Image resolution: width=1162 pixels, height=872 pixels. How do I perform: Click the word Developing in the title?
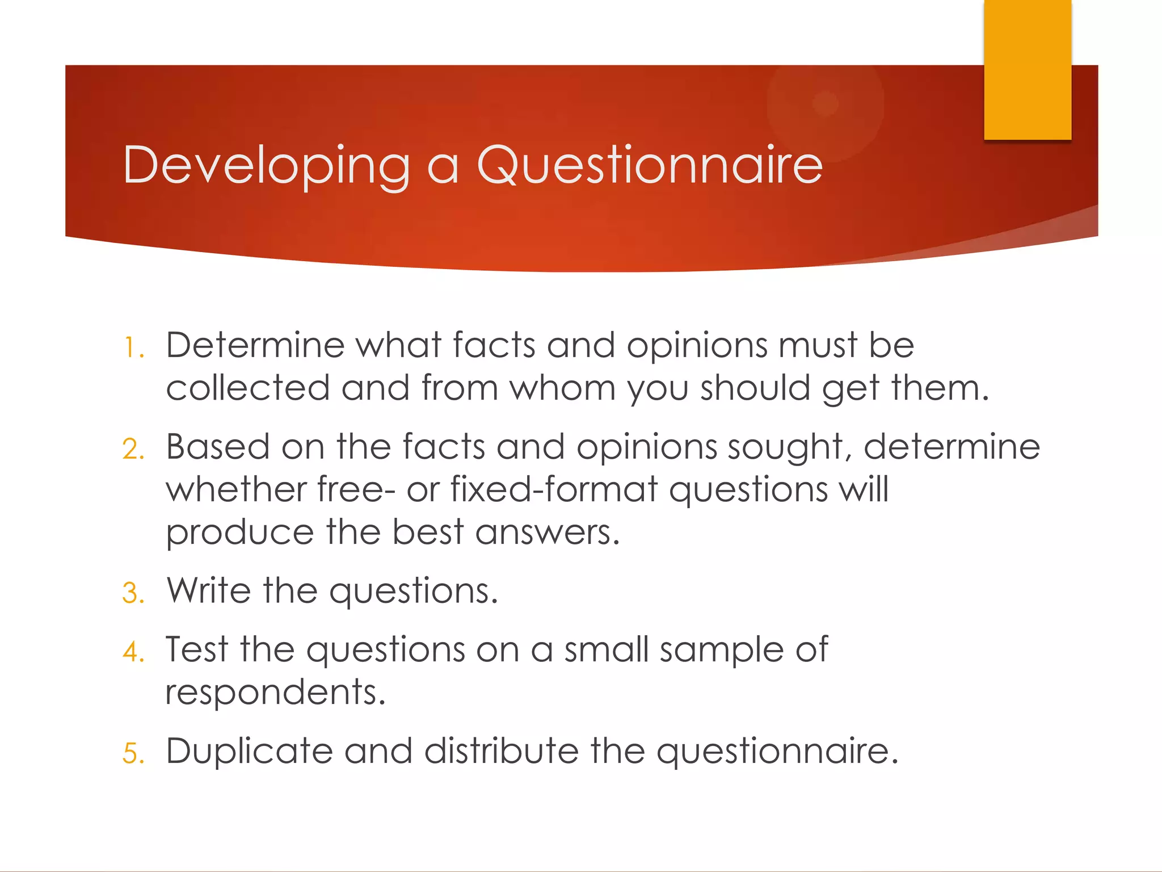pyautogui.click(x=266, y=165)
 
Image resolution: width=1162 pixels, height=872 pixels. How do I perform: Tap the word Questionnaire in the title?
pyautogui.click(x=650, y=165)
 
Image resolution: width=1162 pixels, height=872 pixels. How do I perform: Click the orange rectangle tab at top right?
pyautogui.click(x=1027, y=69)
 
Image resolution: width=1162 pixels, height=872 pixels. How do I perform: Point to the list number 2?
pyautogui.click(x=133, y=449)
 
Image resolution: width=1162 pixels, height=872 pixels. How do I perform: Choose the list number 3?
pyautogui.click(x=133, y=593)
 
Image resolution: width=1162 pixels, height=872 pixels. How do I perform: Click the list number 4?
pyautogui.click(x=133, y=652)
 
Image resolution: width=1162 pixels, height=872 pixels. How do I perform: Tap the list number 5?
pyautogui.click(x=133, y=754)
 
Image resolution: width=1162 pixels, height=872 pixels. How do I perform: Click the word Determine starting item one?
pyautogui.click(x=255, y=345)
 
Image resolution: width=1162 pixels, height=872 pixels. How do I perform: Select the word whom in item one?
pyautogui.click(x=562, y=388)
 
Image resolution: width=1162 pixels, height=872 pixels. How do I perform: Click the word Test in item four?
pyautogui.click(x=196, y=649)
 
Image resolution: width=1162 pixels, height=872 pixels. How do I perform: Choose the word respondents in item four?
pyautogui.click(x=275, y=693)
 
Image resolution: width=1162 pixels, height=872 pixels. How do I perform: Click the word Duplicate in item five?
pyautogui.click(x=249, y=751)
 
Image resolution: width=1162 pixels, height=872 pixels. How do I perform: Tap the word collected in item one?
pyautogui.click(x=248, y=388)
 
